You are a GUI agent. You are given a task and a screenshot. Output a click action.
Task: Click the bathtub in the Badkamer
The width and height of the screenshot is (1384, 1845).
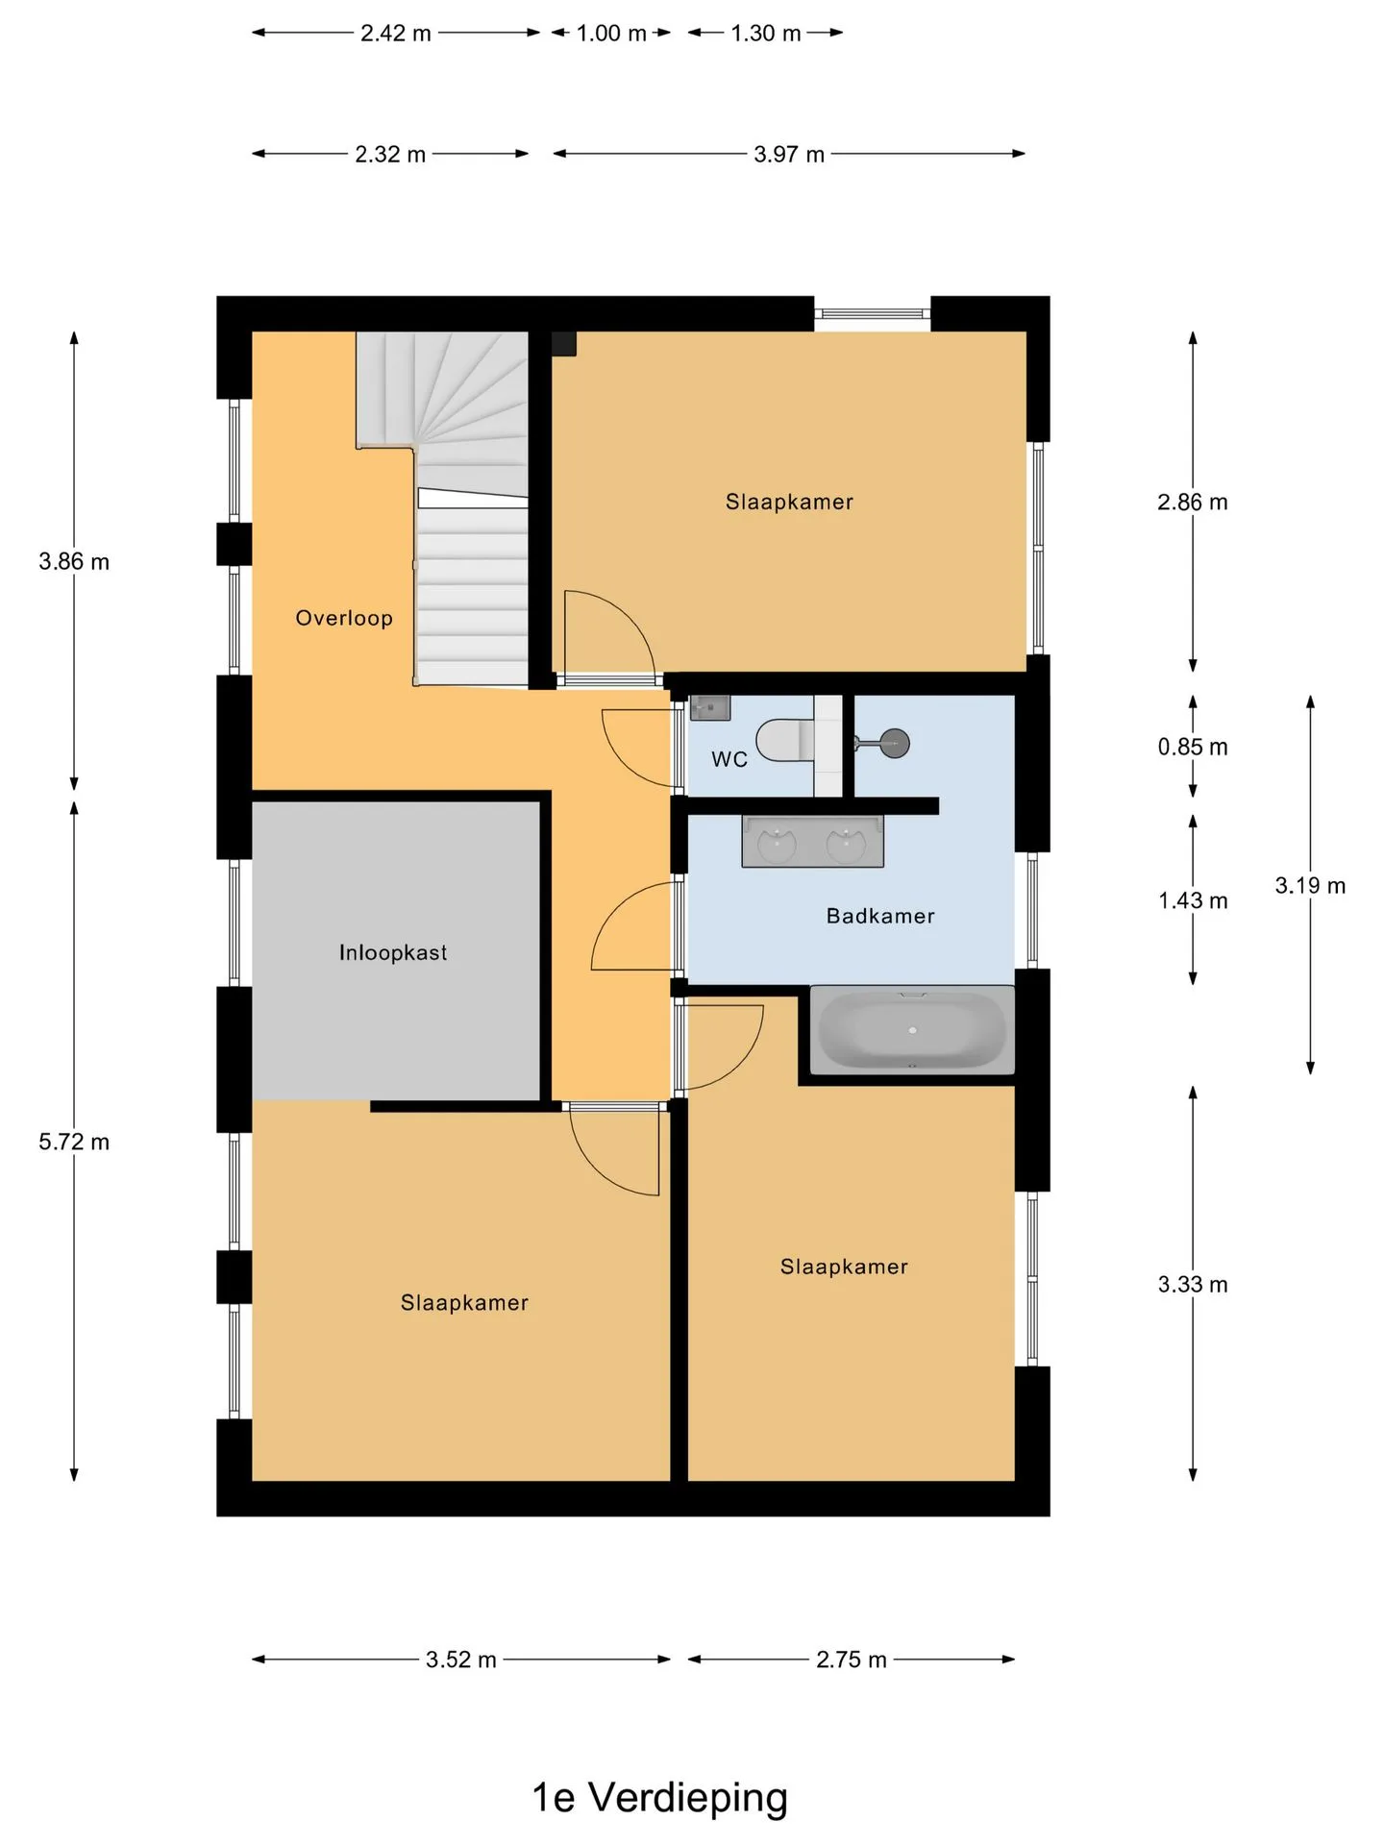point(912,1029)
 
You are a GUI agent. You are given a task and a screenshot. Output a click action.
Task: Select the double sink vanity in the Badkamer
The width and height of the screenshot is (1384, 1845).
point(812,842)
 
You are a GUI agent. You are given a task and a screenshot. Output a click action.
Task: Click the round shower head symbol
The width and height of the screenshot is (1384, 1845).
point(895,743)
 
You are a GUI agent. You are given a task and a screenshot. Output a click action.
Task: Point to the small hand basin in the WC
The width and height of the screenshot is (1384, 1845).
point(710,707)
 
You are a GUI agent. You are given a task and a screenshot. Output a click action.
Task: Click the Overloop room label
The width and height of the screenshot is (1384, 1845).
point(344,618)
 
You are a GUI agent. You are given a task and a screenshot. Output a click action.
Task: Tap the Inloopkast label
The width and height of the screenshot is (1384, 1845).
point(393,952)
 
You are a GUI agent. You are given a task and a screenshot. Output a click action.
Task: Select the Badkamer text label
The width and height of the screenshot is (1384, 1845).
point(880,916)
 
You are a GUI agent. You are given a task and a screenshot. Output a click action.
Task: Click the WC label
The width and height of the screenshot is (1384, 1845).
point(729,759)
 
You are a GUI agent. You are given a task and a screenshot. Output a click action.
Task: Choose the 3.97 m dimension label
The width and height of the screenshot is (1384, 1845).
point(789,154)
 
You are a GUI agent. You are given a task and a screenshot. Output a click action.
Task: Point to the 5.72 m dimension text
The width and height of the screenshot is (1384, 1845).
point(74,1142)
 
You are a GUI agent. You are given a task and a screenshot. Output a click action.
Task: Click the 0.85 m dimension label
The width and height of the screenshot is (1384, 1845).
point(1193,747)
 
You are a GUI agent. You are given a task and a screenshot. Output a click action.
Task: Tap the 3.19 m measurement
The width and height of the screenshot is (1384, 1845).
point(1310,885)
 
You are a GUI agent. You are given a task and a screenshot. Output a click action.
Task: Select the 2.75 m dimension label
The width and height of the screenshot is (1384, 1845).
point(852,1660)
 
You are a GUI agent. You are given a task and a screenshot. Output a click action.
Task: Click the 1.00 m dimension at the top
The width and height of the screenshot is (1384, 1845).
point(611,33)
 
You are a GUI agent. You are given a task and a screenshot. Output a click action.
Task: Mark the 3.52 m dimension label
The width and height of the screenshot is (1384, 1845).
point(461,1660)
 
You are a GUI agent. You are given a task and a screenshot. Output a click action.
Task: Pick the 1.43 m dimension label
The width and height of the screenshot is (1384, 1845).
point(1193,900)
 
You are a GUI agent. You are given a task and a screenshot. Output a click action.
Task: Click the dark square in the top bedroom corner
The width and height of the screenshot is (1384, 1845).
point(563,344)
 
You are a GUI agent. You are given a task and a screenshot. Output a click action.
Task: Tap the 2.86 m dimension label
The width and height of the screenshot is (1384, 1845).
point(1193,502)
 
